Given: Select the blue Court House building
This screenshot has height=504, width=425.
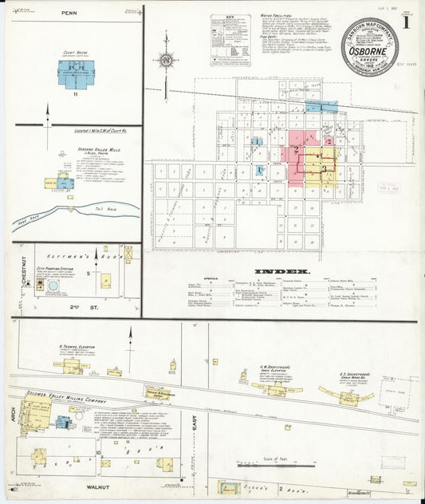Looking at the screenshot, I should (76, 74).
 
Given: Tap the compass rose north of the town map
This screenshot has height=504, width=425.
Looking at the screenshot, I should (165, 58).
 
